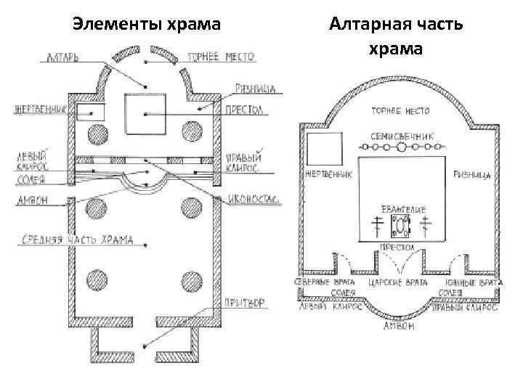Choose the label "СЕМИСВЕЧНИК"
point(402,135)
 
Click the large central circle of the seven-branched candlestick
point(401,147)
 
